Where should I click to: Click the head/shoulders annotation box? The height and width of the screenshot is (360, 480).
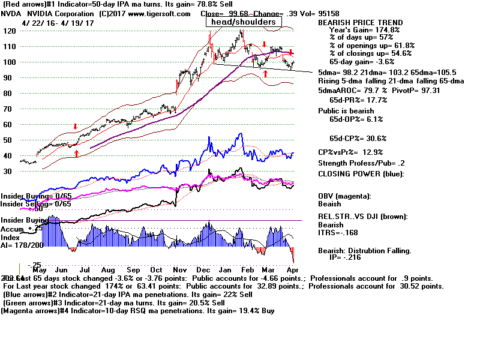(x=243, y=22)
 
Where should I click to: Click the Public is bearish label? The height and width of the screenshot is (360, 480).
(x=346, y=111)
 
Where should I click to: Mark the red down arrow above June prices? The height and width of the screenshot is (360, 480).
(x=75, y=127)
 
